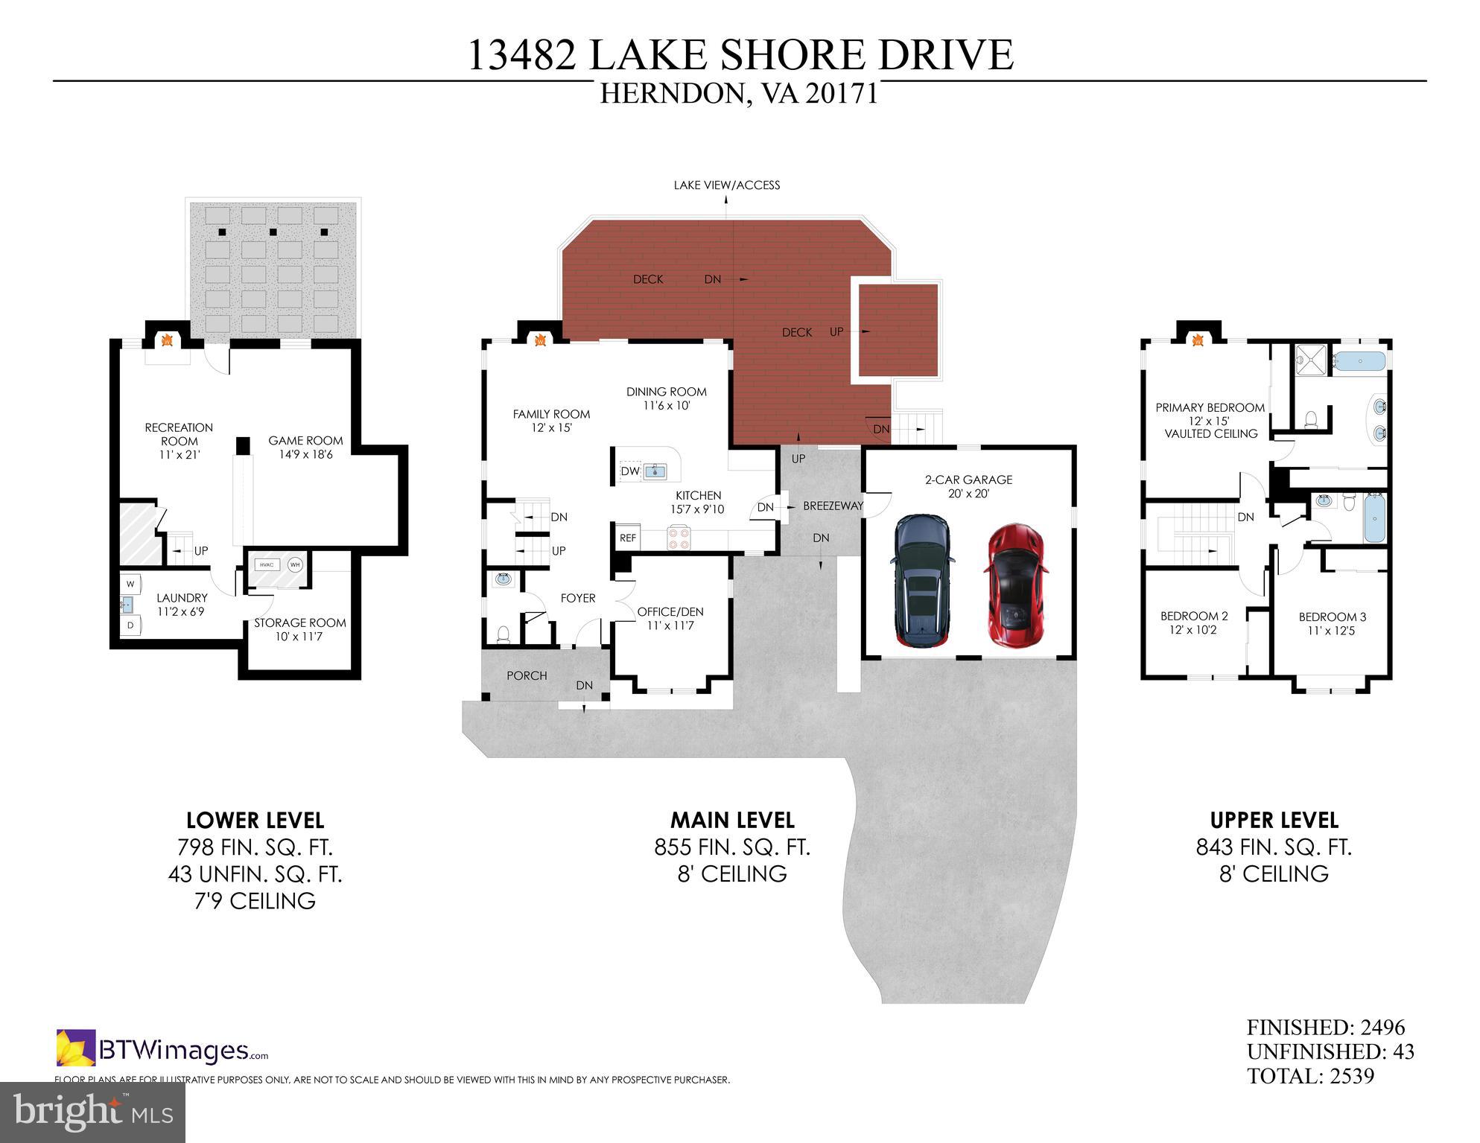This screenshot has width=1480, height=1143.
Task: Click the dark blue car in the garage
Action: coord(922,579)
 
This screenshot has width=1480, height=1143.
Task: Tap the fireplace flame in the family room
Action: coord(541,340)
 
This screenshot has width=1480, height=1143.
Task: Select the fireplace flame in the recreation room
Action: coord(168,340)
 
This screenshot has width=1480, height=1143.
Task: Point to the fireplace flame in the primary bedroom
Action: coord(1198,340)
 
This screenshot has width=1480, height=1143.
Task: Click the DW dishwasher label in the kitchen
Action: coord(629,471)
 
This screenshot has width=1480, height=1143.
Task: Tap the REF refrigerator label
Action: coord(628,538)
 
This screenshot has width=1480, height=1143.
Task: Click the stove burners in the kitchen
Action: coord(679,538)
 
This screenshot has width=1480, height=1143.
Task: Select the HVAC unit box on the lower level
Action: coord(267,564)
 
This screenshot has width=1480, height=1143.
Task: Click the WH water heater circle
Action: coord(295,564)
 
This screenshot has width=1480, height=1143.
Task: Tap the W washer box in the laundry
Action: coord(130,584)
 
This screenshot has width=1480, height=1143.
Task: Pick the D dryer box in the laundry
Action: coord(130,625)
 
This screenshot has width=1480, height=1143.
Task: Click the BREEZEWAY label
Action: coord(833,506)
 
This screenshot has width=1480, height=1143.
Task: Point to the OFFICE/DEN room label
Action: coord(670,612)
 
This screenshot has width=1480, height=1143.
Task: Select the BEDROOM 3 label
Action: coord(1332,617)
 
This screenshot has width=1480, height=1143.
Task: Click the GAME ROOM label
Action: coord(305,441)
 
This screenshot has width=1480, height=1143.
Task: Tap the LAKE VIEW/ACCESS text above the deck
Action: coord(726,185)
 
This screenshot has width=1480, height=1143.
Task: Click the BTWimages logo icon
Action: coord(76,1047)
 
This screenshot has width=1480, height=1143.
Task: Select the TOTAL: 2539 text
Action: coord(1310,1076)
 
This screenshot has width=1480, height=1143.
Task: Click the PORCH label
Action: coord(527,675)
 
